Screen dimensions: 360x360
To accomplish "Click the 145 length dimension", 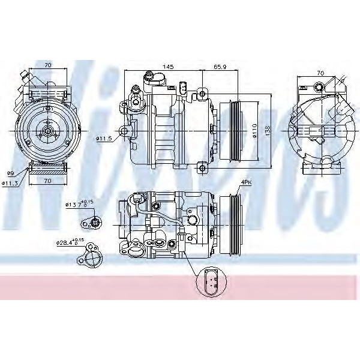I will click(x=168, y=67).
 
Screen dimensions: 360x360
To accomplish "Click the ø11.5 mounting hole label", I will click(x=103, y=139).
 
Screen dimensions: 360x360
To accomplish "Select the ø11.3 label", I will click(x=10, y=183).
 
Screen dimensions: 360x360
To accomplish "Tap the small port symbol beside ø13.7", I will click(x=95, y=224).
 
